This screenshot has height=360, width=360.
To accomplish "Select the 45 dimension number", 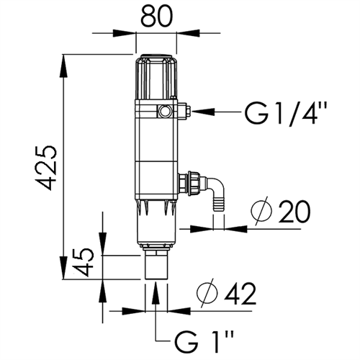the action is point(85,262).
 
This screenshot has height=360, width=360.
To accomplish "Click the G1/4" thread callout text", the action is point(286,113).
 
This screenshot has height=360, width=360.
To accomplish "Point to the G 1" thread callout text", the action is point(204,342).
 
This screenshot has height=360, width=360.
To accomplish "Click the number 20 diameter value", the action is point(294,212).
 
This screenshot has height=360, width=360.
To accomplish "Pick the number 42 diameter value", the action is point(240,294).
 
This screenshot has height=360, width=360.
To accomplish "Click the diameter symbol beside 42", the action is point(207,293).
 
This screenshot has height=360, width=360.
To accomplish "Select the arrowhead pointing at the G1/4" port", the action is point(202,111).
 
